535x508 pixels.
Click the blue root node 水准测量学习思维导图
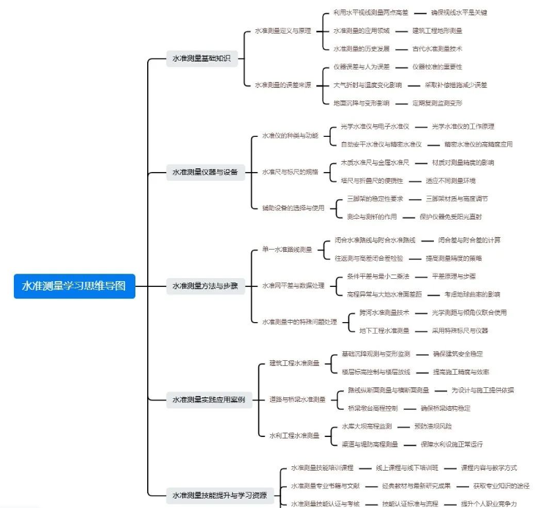pos(75,285)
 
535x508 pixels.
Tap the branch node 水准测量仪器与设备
pos(205,172)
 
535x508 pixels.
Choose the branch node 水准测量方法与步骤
pos(205,285)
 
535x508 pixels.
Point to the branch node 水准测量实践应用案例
pos(209,399)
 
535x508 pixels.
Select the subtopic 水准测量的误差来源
pos(283,85)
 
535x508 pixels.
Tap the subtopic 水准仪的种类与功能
pos(291,135)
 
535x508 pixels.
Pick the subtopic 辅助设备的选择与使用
pos(293,207)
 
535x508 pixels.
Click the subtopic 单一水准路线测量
pos(287,249)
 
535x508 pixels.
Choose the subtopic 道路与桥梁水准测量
pos(297,399)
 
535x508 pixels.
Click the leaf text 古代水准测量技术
pos(437,49)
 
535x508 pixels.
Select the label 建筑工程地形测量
pos(437,31)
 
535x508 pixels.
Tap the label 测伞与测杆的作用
pos(372,217)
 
